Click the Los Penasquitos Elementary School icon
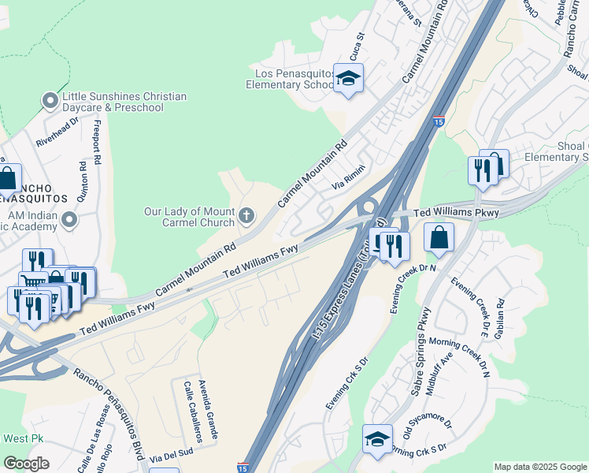(348, 79)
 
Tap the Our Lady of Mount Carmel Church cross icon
(246, 215)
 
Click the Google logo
(26, 464)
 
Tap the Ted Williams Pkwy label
(457, 213)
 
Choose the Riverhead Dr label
(57, 133)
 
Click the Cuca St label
(361, 47)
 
